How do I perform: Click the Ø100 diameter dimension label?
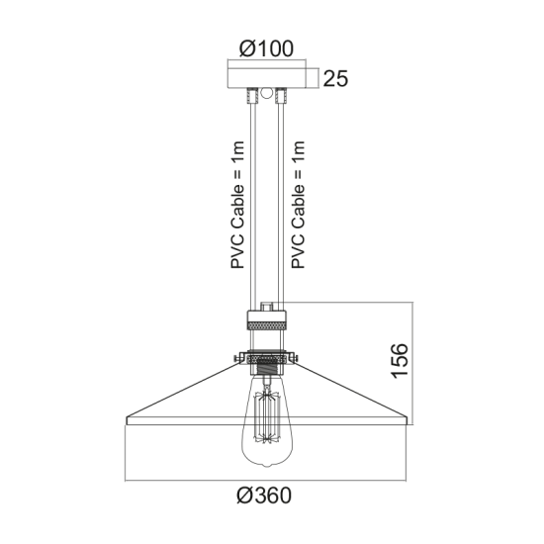pos(266,47)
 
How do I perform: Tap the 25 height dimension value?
pos(335,79)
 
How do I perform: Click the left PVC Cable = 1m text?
pos(237,205)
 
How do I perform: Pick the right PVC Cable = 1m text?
pos(298,205)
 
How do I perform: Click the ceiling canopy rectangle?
pos(266,76)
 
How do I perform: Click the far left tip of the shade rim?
pos(125,422)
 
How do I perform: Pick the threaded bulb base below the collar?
pos(266,375)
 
